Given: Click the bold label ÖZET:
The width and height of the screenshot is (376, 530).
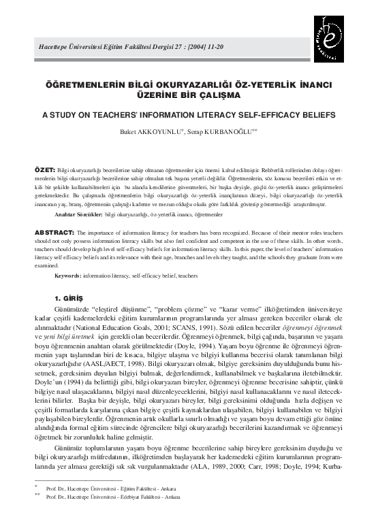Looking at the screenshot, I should pyautogui.click(x=45, y=167).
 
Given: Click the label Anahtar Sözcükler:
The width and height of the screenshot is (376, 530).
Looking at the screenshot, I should pyautogui.click(x=78, y=214).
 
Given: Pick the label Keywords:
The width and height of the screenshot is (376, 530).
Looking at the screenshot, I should pyautogui.click(x=68, y=276).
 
